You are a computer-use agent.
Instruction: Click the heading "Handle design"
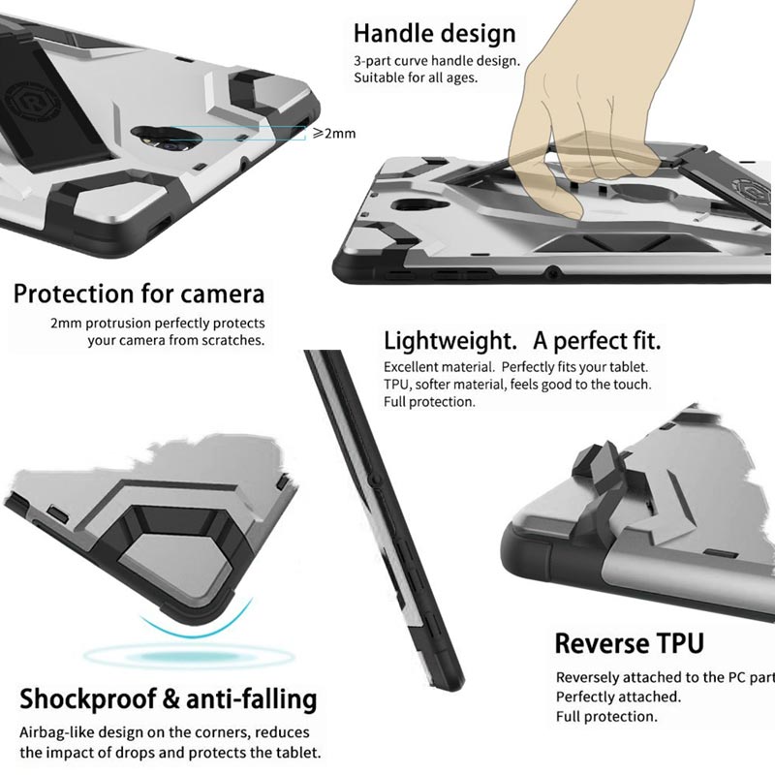pyautogui.click(x=434, y=34)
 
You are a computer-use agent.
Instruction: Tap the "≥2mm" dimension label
pyautogui.click(x=334, y=134)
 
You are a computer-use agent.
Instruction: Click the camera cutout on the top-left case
pyautogui.click(x=159, y=138)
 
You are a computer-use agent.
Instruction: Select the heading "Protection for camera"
pyautogui.click(x=139, y=294)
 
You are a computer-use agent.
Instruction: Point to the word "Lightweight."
pyautogui.click(x=450, y=341)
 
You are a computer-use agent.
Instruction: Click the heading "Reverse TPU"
pyautogui.click(x=629, y=643)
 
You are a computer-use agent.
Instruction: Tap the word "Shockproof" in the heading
pyautogui.click(x=87, y=699)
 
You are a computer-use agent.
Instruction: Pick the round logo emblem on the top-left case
pyautogui.click(x=31, y=103)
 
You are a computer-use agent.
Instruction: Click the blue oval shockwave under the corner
pyautogui.click(x=189, y=657)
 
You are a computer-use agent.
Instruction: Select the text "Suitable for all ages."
pyautogui.click(x=416, y=78)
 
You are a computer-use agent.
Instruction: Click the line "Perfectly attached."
pyautogui.click(x=618, y=697)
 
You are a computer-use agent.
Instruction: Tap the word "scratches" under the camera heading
pyautogui.click(x=232, y=341)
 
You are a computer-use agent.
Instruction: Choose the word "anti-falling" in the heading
pyautogui.click(x=252, y=699)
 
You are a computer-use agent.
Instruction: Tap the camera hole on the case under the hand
pyautogui.click(x=413, y=205)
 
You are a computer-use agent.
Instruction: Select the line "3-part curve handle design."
pyautogui.click(x=437, y=61)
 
